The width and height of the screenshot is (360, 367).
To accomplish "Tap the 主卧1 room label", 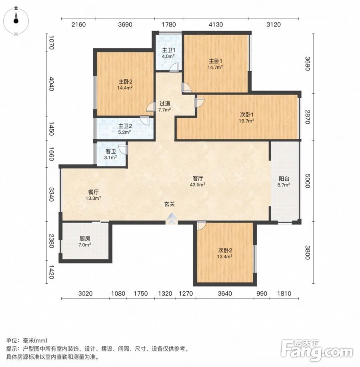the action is [216, 61].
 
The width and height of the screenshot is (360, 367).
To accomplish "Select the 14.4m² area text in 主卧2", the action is [125, 88].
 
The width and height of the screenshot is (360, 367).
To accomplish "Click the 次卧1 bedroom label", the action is [247, 115].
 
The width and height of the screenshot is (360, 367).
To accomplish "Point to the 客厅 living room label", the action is [198, 178].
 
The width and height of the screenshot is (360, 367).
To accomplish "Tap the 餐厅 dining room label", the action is [93, 192].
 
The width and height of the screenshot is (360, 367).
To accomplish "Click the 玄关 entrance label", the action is [169, 204].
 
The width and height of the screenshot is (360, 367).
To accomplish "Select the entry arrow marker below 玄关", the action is [172, 219].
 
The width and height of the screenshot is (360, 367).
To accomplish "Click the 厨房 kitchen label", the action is [85, 239].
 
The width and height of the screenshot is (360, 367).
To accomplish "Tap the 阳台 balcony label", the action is [284, 179].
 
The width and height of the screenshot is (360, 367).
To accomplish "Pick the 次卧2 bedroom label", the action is [225, 250].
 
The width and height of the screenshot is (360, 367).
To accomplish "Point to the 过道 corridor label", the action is [165, 103].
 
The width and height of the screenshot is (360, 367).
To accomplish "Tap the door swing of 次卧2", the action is [202, 225].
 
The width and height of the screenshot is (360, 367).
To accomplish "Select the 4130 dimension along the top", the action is [216, 24].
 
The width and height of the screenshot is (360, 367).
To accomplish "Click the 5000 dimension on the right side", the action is [307, 180].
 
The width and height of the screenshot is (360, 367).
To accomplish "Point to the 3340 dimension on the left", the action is [52, 194].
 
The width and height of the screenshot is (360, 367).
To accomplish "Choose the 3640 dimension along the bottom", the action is [225, 293].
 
